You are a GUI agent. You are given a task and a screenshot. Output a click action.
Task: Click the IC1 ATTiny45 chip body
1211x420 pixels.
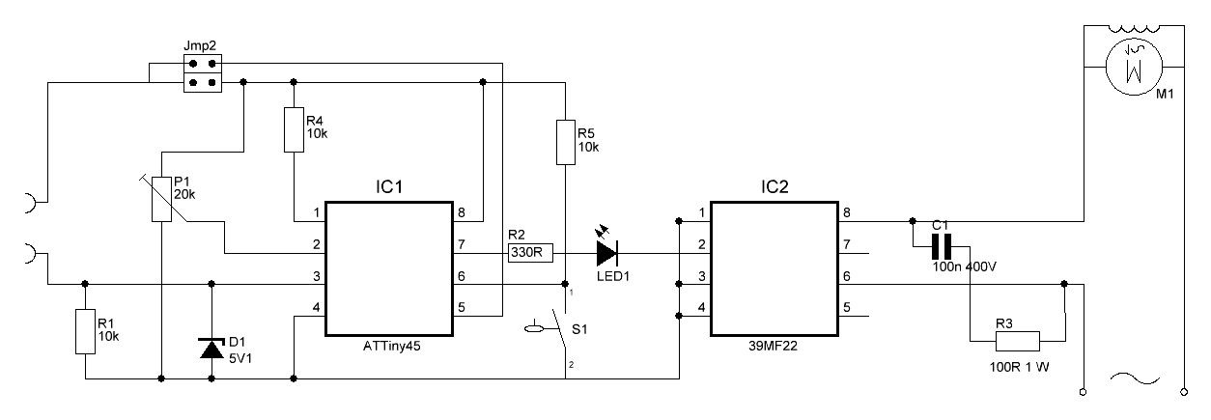(x=388, y=268)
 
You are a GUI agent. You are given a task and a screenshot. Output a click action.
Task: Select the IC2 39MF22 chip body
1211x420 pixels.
(x=774, y=268)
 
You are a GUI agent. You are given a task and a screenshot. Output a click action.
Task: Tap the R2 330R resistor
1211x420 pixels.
(x=529, y=254)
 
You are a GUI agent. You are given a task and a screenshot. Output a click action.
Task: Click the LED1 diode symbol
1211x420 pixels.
(x=606, y=254)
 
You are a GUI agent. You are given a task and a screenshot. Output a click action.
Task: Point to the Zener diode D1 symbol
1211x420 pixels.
(x=211, y=347)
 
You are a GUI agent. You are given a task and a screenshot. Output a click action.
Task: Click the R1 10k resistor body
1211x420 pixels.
(x=86, y=331)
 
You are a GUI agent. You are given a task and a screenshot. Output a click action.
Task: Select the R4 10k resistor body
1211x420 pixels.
(x=294, y=129)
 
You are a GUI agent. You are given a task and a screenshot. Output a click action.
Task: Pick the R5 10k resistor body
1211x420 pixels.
(x=565, y=141)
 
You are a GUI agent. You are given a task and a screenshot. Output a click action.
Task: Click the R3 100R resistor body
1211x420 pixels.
(x=1018, y=340)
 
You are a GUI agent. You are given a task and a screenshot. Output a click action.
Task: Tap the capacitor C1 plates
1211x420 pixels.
(x=942, y=246)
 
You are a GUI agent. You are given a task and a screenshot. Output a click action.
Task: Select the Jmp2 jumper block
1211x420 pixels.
(x=202, y=74)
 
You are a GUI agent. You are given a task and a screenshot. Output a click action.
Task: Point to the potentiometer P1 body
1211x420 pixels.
(x=162, y=199)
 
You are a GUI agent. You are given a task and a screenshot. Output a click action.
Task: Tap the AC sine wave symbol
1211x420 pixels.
(x=1132, y=378)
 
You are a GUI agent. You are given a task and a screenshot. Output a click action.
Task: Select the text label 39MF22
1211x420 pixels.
(x=774, y=345)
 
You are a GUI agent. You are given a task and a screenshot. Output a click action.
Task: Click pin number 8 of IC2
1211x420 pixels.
(x=847, y=212)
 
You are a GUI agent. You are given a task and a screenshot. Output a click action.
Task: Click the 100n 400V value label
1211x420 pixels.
(x=964, y=266)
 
